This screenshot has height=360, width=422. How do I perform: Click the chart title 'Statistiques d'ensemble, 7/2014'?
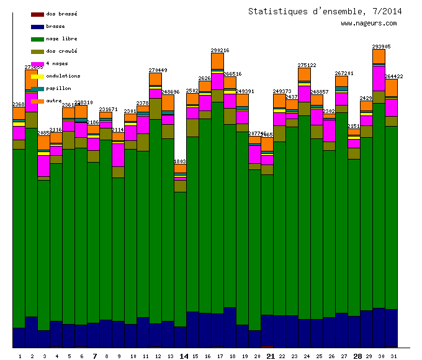(x=325, y=11)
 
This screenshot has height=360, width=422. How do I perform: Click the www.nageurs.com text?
(x=369, y=24)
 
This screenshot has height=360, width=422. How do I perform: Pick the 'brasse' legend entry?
(x=55, y=26)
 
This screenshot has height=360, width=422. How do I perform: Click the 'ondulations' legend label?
(x=63, y=76)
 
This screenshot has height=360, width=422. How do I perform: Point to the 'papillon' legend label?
(x=58, y=88)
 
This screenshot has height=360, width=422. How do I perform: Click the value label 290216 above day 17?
(x=220, y=50)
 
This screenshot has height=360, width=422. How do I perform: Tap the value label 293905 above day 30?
(x=381, y=47)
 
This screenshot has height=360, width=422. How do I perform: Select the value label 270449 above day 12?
(x=158, y=70)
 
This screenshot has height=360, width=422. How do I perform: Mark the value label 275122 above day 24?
(x=307, y=65)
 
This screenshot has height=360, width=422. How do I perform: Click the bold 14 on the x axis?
(x=184, y=356)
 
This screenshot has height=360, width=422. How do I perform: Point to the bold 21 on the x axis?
(x=271, y=356)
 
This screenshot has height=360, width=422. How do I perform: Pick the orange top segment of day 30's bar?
(x=379, y=56)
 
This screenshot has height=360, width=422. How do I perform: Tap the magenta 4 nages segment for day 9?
(x=118, y=155)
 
